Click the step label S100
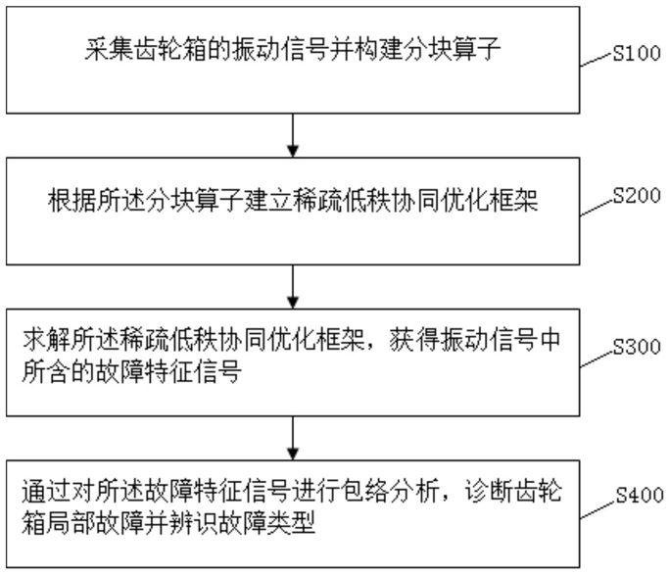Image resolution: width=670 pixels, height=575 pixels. coord(637,53)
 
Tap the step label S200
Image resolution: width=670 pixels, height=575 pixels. coord(637,195)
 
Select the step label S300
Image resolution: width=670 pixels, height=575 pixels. coord(637,347)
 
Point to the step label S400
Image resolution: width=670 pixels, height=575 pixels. coord(640,495)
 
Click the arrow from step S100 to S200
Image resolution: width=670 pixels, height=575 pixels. coord(293,135)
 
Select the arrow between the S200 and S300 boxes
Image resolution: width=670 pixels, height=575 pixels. coord(293,287)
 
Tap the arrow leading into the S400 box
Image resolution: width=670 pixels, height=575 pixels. coord(293,438)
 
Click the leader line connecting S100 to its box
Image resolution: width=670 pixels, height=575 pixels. coord(597,60)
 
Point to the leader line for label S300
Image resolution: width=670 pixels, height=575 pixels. coord(597,359)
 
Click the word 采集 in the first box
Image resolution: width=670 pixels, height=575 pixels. coord(109,50)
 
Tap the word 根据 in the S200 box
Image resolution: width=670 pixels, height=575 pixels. coord(72,201)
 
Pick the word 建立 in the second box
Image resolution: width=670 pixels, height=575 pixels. coord(268,201)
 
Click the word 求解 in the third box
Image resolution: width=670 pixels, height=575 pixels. coord(47,340)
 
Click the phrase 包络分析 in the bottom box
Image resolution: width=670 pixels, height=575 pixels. coord(390,492)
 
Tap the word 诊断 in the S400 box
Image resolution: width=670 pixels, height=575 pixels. coord(489,492)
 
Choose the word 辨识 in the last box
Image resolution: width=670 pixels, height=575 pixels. coord(194,522)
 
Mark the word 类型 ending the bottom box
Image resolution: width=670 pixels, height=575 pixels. coord(292,522)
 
